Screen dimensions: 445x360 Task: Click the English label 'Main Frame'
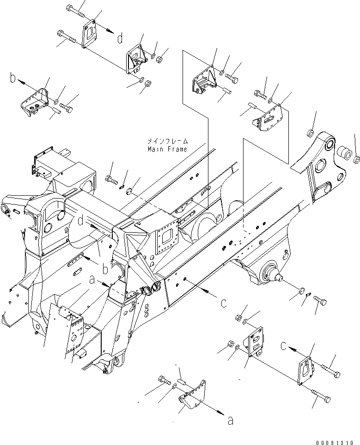point(167,149)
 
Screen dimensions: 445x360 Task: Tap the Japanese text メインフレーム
point(167,141)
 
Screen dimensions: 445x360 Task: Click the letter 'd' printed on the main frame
point(81,222)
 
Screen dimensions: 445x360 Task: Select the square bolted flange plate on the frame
point(166,240)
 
